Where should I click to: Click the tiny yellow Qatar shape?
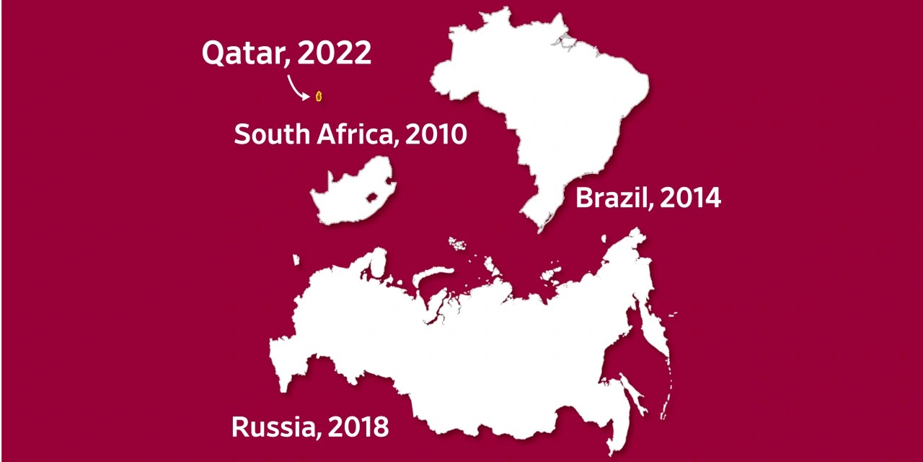[318, 96]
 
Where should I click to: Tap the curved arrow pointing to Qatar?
[298, 87]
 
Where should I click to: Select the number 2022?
[335, 53]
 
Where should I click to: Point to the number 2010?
[436, 134]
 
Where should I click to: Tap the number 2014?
[691, 197]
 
